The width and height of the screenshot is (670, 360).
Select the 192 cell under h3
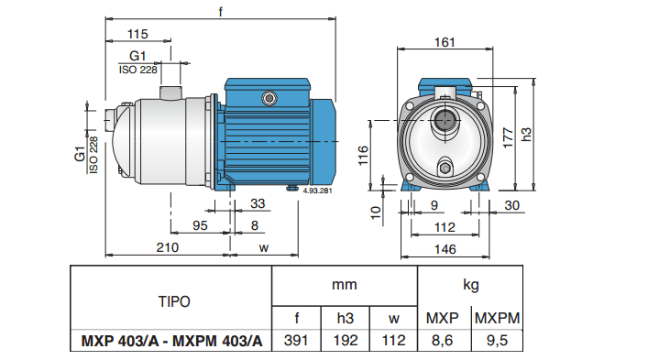pyautogui.click(x=346, y=342)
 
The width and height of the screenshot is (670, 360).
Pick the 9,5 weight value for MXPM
pyautogui.click(x=496, y=342)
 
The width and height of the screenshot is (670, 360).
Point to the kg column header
pyautogui.click(x=469, y=284)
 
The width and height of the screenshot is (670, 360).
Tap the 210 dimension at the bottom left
pyautogui.click(x=166, y=247)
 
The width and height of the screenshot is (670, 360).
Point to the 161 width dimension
pyautogui.click(x=444, y=41)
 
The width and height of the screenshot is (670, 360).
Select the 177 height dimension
pyautogui.click(x=507, y=134)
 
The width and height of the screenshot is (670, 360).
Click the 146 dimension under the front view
pyautogui.click(x=444, y=248)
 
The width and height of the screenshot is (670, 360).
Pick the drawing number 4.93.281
pyautogui.click(x=316, y=191)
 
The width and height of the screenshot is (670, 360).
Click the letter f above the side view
pyautogui.click(x=221, y=12)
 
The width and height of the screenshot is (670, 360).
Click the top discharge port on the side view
pyautogui.click(x=170, y=93)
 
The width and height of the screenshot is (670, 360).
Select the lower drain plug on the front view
pyautogui.click(x=445, y=168)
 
